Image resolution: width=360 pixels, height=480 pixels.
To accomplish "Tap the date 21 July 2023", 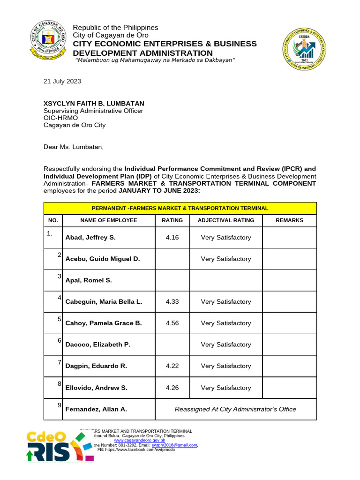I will [62, 81].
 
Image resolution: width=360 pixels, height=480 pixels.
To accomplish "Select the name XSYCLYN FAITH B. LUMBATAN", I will [94, 103].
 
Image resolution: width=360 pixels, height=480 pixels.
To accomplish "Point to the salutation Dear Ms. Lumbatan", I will [73, 147].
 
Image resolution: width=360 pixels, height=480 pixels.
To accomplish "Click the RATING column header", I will [172, 220].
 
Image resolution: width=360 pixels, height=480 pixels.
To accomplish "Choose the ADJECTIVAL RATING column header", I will [226, 220].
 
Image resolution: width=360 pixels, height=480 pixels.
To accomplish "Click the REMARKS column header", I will [289, 220].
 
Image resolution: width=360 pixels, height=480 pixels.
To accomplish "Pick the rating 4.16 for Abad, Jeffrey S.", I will [172, 238].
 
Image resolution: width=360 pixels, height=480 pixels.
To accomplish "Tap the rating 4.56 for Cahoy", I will [172, 323].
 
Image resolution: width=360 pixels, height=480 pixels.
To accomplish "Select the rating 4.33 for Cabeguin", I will [172, 302].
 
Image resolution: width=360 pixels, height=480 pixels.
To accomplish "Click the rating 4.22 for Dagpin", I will [172, 366].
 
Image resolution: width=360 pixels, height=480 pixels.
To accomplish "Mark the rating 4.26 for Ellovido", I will [172, 388].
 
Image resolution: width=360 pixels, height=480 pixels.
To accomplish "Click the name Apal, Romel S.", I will [89, 280].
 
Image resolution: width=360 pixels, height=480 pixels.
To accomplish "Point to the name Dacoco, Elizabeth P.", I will [97, 345].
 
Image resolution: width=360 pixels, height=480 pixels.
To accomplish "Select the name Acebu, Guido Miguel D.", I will [102, 259].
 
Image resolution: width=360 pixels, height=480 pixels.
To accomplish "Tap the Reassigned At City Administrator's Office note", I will [235, 409].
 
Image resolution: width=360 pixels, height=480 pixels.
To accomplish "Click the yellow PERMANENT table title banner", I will [180, 208].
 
